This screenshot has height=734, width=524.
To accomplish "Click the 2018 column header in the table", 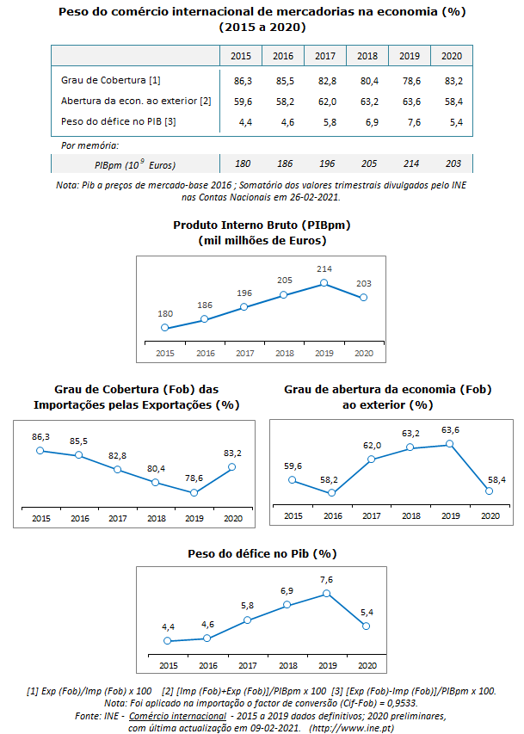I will click(367, 56).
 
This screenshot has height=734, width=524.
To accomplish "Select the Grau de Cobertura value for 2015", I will click(242, 80).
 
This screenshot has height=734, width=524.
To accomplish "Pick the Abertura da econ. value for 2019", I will click(410, 101).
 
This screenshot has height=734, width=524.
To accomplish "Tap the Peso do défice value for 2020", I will click(452, 122).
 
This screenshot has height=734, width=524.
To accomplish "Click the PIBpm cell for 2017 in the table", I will click(325, 163).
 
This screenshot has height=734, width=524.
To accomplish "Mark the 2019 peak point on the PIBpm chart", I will click(324, 282).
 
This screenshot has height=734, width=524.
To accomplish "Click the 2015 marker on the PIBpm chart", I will click(164, 328).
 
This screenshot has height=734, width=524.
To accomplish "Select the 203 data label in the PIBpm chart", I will click(363, 283).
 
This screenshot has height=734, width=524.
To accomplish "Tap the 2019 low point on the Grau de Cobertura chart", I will click(194, 493).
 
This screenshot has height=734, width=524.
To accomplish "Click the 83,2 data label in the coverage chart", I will click(232, 453).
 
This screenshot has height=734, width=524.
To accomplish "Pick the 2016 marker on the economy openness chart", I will click(332, 493).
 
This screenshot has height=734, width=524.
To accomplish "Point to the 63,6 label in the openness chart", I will click(449, 429).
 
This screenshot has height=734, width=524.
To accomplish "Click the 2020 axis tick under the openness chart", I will click(490, 516).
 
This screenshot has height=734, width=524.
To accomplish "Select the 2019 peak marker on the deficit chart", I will click(326, 594).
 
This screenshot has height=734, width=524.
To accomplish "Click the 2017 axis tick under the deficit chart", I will click(247, 665).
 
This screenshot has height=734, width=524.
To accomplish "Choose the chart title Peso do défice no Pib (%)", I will click(262, 553).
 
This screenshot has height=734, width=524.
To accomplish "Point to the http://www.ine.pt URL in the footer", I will click(352, 728).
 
